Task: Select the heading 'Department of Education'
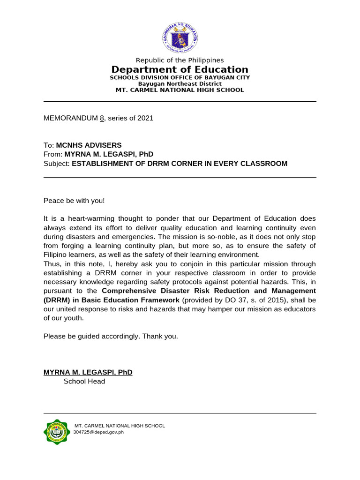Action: (180, 70)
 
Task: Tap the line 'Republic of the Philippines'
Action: (180, 60)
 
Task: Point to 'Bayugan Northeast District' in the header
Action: (180, 83)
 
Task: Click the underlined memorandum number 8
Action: (101, 118)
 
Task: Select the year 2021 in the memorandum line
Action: (145, 118)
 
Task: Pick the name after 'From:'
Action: (109, 154)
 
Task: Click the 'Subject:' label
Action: (56, 163)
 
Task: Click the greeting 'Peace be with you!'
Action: (74, 201)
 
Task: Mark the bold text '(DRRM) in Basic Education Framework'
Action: (112, 300)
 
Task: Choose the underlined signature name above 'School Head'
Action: (88, 372)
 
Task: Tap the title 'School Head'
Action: (84, 381)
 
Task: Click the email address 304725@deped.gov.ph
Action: (98, 432)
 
